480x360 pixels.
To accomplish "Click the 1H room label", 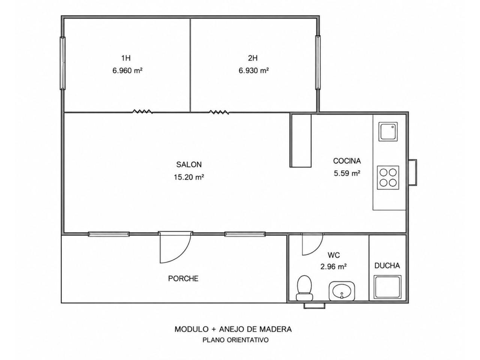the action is (x=126, y=58).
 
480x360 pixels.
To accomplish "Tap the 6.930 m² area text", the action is (x=253, y=70).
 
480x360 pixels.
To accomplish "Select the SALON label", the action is (x=189, y=164).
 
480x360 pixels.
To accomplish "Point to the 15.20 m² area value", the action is (x=189, y=177).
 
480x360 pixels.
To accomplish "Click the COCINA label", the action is (x=347, y=161).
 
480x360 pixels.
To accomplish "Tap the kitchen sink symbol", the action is (x=388, y=132).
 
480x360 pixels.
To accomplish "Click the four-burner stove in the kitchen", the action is (x=388, y=177).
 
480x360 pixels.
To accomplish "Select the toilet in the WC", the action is (x=304, y=288).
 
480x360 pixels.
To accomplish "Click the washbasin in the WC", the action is (x=342, y=291).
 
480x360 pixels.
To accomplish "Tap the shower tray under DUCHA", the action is (x=387, y=287).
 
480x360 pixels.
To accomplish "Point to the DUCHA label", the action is (x=387, y=265).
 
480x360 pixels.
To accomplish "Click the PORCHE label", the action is (x=183, y=279).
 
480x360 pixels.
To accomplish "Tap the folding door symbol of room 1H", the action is (x=142, y=111).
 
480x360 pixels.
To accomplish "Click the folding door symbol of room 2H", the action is (x=219, y=112).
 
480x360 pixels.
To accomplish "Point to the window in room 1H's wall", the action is (x=63, y=63).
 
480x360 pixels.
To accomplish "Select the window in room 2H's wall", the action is (x=318, y=63).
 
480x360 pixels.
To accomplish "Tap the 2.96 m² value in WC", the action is (x=333, y=267).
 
